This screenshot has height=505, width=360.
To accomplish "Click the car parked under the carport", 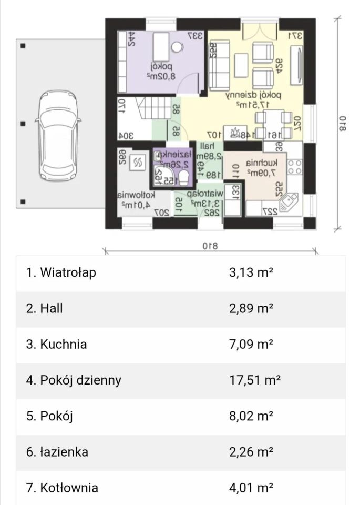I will pos(57,124).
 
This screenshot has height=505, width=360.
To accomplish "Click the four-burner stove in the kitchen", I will pos(295,167).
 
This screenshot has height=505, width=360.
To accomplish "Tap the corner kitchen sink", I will pos(289,202).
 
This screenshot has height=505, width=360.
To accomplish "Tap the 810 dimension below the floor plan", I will pos(210,245).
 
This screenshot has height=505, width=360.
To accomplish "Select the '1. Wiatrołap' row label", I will pos(61,272).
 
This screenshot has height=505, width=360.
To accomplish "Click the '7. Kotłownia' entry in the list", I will pos(62,488).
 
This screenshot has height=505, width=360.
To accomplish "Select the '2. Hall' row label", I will pos(45,309).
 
